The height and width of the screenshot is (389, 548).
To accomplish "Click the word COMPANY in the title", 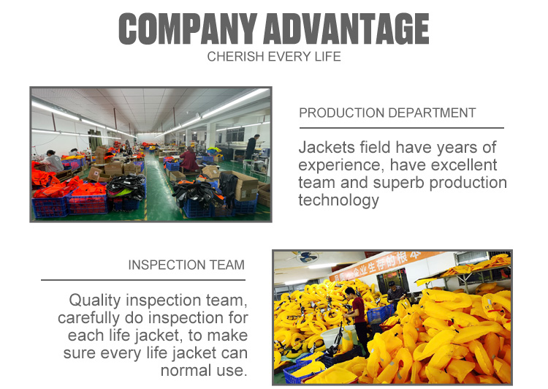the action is [188, 29].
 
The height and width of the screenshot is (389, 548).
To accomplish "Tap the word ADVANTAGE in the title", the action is [346, 29].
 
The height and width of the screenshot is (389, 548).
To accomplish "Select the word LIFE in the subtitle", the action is [327, 57].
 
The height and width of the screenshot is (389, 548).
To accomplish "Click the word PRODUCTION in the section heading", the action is [341, 113].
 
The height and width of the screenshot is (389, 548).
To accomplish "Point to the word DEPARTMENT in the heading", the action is [432, 113].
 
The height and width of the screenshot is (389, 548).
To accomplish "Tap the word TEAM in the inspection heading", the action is [227, 265].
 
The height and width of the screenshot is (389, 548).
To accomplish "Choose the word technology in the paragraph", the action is [338, 200].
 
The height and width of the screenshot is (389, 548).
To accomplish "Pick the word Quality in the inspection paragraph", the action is [95, 301].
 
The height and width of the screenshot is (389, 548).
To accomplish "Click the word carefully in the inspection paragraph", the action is [88, 318].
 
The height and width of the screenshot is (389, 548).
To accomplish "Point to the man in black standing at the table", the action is [252, 147].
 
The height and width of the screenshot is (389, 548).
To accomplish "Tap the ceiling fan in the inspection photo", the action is [307, 257].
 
